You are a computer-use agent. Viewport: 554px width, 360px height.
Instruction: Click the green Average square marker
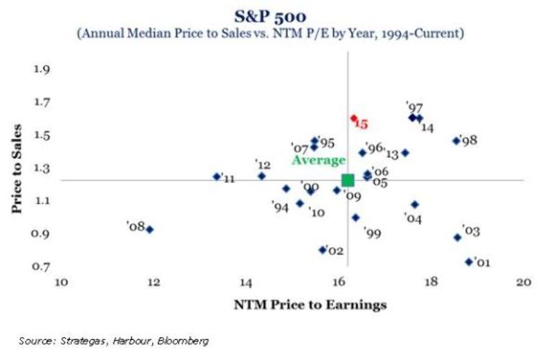[348, 180]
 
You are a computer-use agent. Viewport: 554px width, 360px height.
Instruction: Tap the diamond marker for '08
[150, 229]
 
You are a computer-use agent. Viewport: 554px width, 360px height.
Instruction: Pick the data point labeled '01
[469, 262]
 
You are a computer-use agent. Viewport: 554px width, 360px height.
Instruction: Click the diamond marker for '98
[456, 141]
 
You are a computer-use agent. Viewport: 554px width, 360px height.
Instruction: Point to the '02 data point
[322, 250]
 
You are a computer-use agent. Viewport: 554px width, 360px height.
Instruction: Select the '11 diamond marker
[216, 177]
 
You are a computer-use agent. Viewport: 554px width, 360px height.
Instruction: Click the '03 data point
[457, 237]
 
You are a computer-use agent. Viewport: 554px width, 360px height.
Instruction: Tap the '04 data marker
[414, 204]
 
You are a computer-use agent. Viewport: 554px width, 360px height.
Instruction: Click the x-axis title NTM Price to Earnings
[291, 304]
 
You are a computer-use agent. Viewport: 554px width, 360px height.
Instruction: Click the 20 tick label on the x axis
[523, 282]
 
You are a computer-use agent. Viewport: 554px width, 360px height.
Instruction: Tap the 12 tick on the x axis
[153, 282]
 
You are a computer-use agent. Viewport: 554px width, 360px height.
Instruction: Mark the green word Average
[318, 160]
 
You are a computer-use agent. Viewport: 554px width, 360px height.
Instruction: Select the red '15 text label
[361, 125]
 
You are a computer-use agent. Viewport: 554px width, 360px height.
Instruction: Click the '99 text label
[373, 233]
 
